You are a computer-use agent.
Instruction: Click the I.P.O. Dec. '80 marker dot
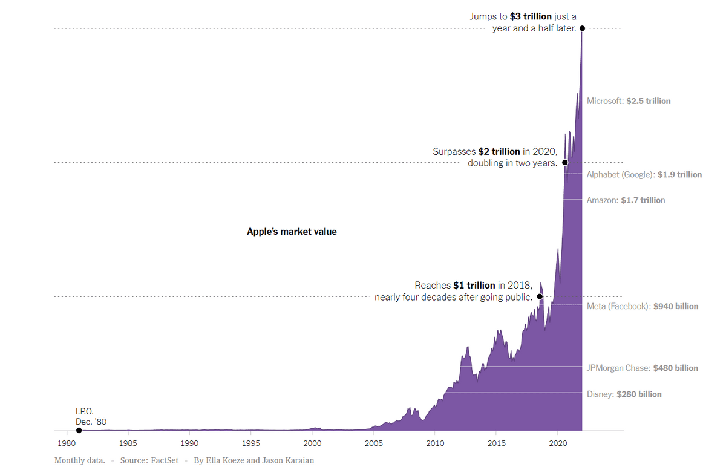point(79,430)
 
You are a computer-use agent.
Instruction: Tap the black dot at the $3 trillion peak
point(582,28)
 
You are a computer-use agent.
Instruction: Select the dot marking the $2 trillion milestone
point(565,162)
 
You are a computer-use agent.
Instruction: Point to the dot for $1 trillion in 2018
point(540,297)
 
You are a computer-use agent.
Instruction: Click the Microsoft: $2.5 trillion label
point(629,101)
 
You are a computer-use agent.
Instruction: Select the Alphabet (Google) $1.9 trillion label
point(644,175)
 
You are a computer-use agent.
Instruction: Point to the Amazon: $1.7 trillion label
point(626,200)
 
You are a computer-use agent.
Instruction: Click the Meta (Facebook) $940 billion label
point(643,307)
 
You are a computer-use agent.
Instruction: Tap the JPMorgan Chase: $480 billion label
point(643,368)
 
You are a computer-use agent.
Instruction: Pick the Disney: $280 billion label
point(624,394)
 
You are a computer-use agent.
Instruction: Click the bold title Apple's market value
point(292,232)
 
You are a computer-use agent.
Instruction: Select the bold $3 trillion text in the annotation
point(531,16)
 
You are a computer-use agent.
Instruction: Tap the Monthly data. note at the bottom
point(80,460)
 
